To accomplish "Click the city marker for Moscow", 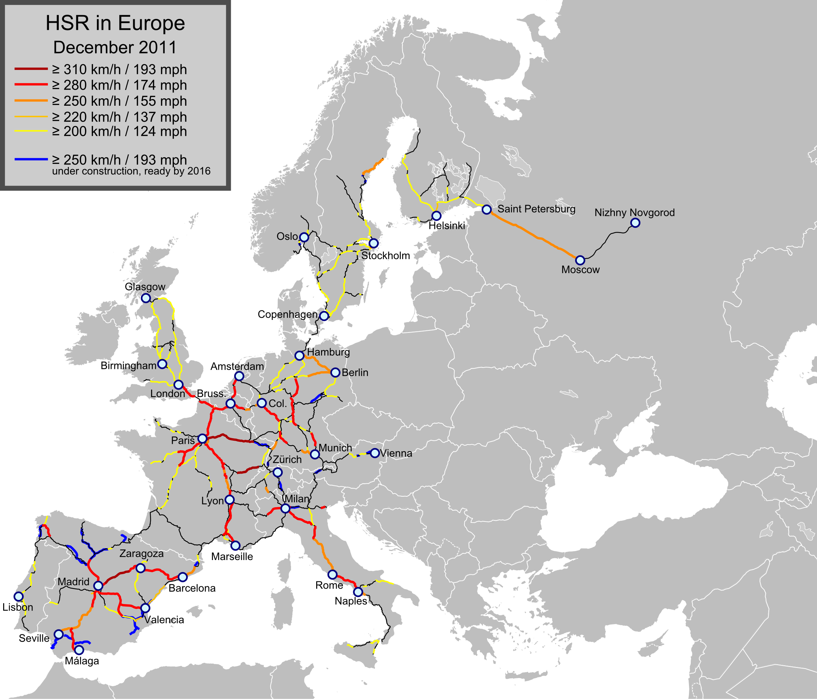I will pyautogui.click(x=580, y=260).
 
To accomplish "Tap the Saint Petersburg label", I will pyautogui.click(x=536, y=209).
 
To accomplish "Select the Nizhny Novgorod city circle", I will pyautogui.click(x=635, y=223).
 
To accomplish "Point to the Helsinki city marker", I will pyautogui.click(x=436, y=216).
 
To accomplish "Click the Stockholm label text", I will pyautogui.click(x=386, y=256).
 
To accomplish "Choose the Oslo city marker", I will pyautogui.click(x=304, y=237).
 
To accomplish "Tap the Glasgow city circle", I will pyautogui.click(x=146, y=298).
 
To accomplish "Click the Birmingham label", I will pyautogui.click(x=129, y=365).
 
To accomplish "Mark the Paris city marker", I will pyautogui.click(x=202, y=439).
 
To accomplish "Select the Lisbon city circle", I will pyautogui.click(x=19, y=596).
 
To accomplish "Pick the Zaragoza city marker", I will pyautogui.click(x=140, y=568).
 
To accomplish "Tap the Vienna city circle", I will pyautogui.click(x=375, y=453).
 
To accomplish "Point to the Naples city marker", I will pyautogui.click(x=358, y=592).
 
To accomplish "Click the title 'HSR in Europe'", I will pyautogui.click(x=115, y=23).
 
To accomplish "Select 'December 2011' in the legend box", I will pyautogui.click(x=115, y=47).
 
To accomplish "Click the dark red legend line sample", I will pyautogui.click(x=31, y=69).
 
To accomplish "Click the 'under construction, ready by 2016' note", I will pyautogui.click(x=131, y=171).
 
